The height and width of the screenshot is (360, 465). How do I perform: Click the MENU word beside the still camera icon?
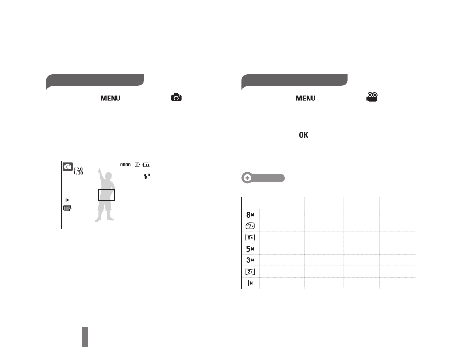coord(111,98)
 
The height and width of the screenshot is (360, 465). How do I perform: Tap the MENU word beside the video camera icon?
coord(306,98)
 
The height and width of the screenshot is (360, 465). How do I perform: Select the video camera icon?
coord(372,97)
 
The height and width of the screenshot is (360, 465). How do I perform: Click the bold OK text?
coord(303,135)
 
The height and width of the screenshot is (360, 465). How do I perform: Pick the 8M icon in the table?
coord(250,215)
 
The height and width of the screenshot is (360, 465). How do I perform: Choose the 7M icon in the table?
coord(251,226)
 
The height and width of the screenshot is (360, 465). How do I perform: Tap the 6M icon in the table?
coord(251,238)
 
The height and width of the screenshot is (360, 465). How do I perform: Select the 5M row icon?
coord(250,249)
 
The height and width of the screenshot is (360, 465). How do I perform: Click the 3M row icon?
coord(250,260)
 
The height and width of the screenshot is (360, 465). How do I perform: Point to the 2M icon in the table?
coord(251,272)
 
